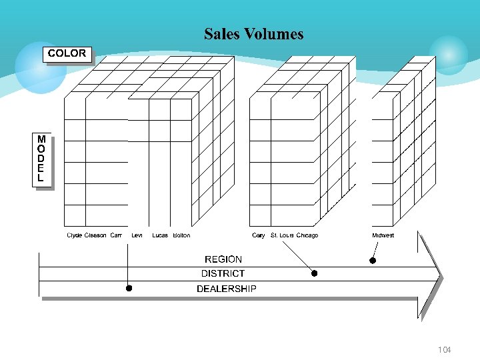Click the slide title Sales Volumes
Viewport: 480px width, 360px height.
[x=253, y=34]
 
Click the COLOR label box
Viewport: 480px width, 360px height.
[x=67, y=53]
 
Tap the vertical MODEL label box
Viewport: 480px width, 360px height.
[x=41, y=159]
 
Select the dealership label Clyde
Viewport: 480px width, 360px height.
[x=75, y=235]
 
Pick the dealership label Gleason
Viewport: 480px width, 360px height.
[x=95, y=235]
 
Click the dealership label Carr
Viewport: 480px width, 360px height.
[x=116, y=235]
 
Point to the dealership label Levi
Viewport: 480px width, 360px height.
[x=137, y=235]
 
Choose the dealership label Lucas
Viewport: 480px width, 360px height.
[x=160, y=235]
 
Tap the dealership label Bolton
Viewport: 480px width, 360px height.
[x=181, y=235]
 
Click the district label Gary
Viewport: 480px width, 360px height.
[x=259, y=235]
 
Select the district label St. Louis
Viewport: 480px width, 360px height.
[x=282, y=235]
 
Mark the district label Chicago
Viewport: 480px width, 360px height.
[x=307, y=235]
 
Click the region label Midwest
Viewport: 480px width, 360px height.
[x=383, y=235]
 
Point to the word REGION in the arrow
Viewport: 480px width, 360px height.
[x=223, y=259]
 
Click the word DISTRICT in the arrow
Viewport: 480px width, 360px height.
[x=223, y=273]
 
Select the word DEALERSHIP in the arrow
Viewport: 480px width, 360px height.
[x=226, y=289]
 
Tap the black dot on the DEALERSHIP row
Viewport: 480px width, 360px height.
[x=129, y=289]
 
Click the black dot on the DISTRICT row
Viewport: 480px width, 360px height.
[x=315, y=273]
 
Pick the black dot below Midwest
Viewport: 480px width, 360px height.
[x=373, y=261]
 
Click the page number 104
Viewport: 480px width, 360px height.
[x=444, y=350]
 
